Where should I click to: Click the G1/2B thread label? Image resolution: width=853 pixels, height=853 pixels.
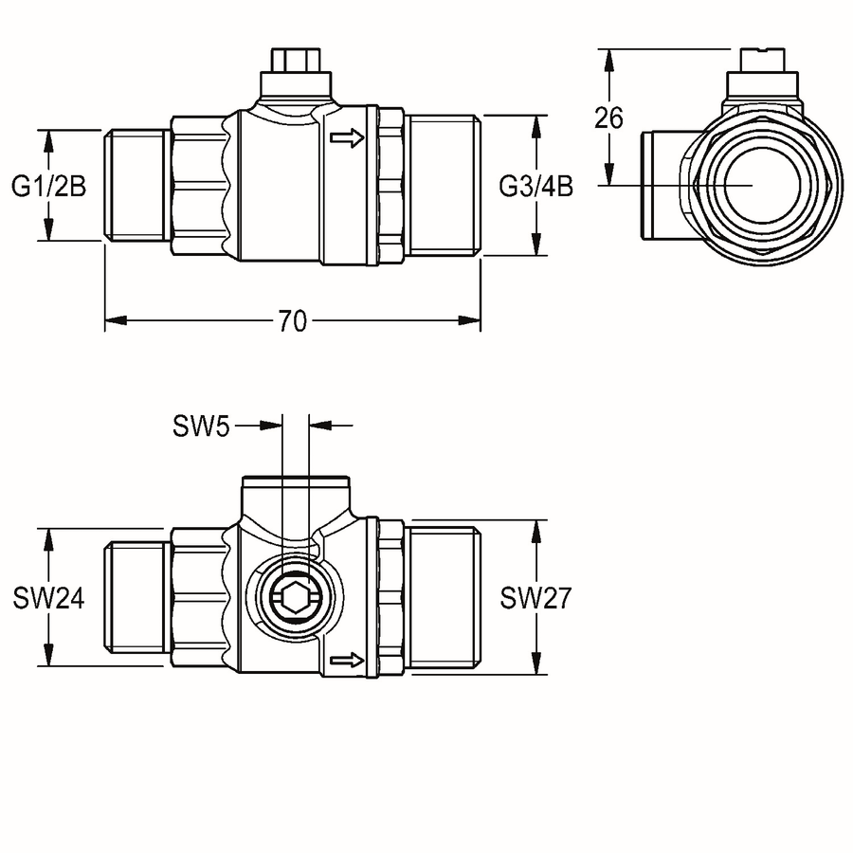tap(49, 187)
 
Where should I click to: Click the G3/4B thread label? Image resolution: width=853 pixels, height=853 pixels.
tap(535, 187)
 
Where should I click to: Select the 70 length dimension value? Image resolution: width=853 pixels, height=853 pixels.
tap(293, 321)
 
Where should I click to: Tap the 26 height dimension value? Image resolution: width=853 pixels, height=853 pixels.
tap(608, 118)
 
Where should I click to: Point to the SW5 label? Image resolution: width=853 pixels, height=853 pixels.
tap(201, 426)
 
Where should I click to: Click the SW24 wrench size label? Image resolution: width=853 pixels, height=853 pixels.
tap(49, 598)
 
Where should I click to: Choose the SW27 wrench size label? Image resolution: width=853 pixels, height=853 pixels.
tap(535, 598)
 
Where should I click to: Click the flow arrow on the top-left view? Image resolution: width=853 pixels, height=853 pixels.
tap(347, 137)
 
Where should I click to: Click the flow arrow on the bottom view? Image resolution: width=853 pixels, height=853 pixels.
tap(347, 661)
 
